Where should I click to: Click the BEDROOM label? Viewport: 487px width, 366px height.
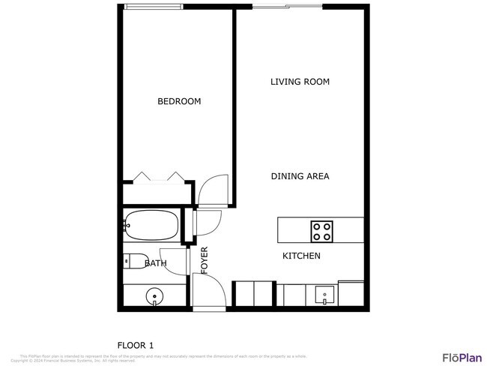pyautogui.click(x=179, y=101)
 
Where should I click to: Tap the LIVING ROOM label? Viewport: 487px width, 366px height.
pyautogui.click(x=300, y=82)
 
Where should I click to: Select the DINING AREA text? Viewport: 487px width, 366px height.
pyautogui.click(x=300, y=176)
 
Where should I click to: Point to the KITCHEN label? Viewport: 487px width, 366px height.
pyautogui.click(x=301, y=256)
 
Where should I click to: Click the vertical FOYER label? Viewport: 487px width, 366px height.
pyautogui.click(x=204, y=259)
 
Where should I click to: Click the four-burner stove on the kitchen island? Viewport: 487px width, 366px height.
pyautogui.click(x=322, y=230)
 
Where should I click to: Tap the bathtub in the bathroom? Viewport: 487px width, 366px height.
pyautogui.click(x=151, y=224)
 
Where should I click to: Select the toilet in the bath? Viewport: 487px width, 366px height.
pyautogui.click(x=135, y=262)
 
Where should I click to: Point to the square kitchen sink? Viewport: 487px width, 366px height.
pyautogui.click(x=324, y=293)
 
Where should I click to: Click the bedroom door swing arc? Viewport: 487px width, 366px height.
pyautogui.click(x=214, y=189)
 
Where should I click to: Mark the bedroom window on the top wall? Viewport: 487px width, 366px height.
pyautogui.click(x=153, y=7)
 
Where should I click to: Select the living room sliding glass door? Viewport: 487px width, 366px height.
pyautogui.click(x=287, y=7)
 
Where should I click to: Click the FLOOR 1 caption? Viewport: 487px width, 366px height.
pyautogui.click(x=136, y=345)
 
